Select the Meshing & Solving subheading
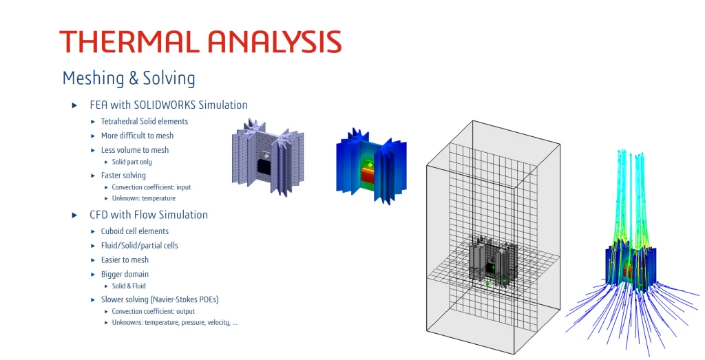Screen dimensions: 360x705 [x=129, y=78]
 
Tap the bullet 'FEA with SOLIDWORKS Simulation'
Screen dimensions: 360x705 [x=168, y=105]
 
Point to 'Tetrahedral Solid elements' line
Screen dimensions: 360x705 [x=144, y=121]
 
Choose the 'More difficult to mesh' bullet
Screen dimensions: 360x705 [x=137, y=136]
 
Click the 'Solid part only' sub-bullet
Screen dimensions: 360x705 [x=131, y=162]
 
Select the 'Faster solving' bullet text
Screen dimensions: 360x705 [x=123, y=176]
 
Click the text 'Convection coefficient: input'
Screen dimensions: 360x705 [x=151, y=187]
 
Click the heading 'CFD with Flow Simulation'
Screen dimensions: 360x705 [x=148, y=215]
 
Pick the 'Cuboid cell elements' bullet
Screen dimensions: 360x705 [x=134, y=231]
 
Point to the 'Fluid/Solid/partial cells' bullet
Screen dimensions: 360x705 [x=139, y=245]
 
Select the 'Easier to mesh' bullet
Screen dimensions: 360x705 [x=125, y=260]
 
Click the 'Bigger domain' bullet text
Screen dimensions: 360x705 [x=125, y=274]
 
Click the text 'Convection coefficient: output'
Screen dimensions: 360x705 [x=154, y=311]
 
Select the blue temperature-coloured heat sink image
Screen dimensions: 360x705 [x=371, y=164]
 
